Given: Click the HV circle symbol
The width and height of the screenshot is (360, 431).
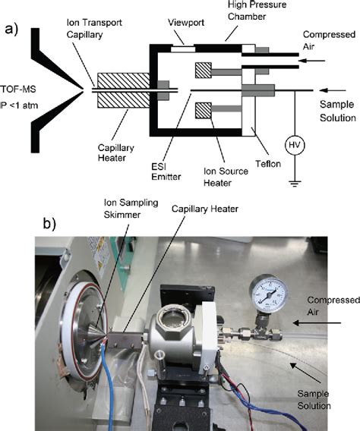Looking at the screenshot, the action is click(x=295, y=145).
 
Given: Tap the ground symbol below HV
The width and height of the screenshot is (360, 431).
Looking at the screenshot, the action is click(x=295, y=184).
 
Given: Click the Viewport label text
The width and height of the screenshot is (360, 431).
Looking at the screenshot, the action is click(x=186, y=23).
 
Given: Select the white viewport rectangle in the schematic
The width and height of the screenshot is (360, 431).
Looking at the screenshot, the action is click(x=183, y=49).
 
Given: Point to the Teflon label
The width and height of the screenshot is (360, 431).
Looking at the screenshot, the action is click(x=268, y=164).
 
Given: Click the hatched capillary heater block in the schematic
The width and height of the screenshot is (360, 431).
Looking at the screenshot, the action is click(x=124, y=90).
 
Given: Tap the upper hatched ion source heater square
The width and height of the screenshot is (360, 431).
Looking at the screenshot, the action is click(x=204, y=71).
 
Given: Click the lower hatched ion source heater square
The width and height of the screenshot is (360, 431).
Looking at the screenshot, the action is click(x=204, y=111).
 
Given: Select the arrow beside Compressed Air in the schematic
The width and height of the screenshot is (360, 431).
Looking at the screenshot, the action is click(x=311, y=61).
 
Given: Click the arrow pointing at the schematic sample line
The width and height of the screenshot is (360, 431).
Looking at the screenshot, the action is click(x=333, y=90).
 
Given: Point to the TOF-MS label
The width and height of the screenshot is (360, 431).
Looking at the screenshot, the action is click(x=18, y=90).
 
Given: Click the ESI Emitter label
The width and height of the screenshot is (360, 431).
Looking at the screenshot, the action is click(x=166, y=171).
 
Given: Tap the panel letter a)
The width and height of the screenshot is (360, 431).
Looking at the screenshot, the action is click(x=11, y=29).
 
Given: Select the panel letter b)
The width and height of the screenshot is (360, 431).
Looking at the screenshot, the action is click(x=49, y=224).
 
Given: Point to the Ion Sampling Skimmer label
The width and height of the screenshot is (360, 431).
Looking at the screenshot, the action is click(x=131, y=209).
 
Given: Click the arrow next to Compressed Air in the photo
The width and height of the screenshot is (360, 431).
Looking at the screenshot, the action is click(x=317, y=323).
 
